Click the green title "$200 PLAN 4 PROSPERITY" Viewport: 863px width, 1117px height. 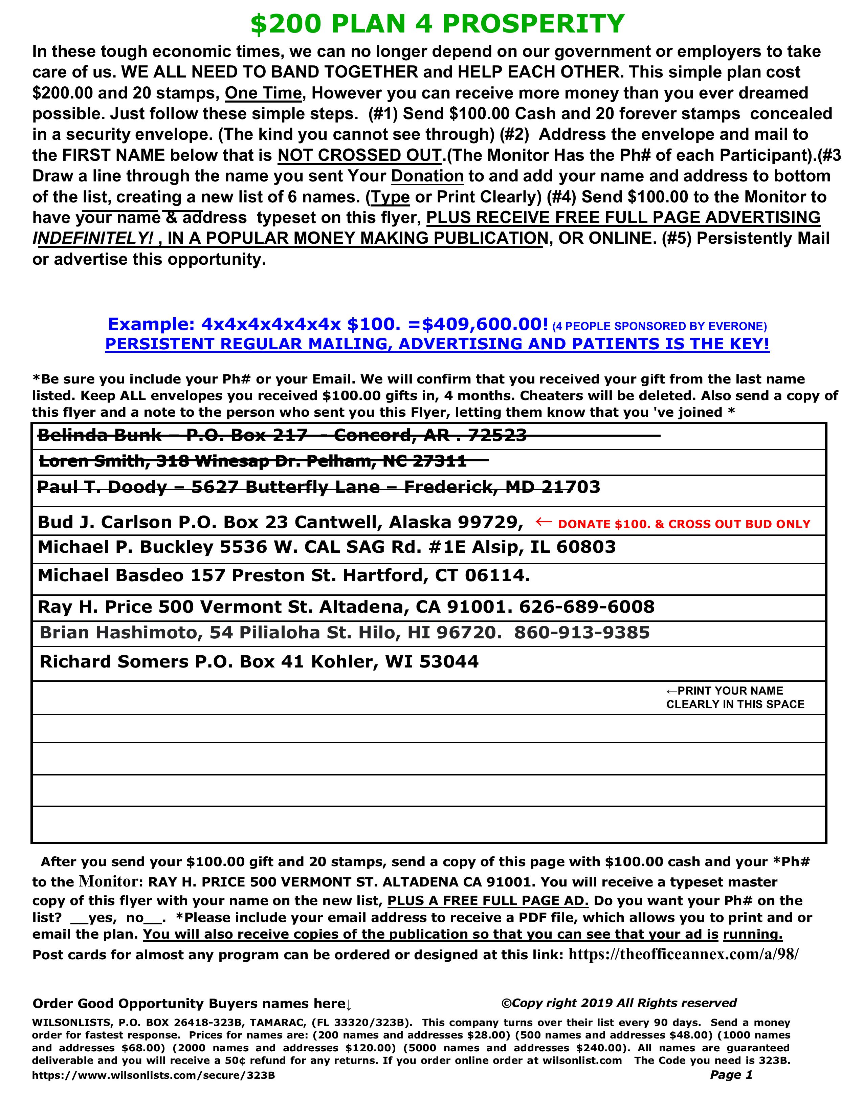pyautogui.click(x=437, y=24)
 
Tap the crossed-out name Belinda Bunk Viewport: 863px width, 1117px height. pyautogui.click(x=100, y=435)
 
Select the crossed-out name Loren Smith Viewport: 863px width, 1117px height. pyautogui.click(x=92, y=461)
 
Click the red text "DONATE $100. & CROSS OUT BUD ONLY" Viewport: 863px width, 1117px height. pyautogui.click(x=684, y=524)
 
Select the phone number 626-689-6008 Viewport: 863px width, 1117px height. pyautogui.click(x=587, y=607)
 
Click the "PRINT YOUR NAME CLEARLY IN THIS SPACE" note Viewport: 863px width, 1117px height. pyautogui.click(x=735, y=698)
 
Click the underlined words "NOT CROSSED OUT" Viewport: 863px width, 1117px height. pyautogui.click(x=359, y=155)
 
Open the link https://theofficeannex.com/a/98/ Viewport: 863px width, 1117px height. pyautogui.click(x=683, y=955)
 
